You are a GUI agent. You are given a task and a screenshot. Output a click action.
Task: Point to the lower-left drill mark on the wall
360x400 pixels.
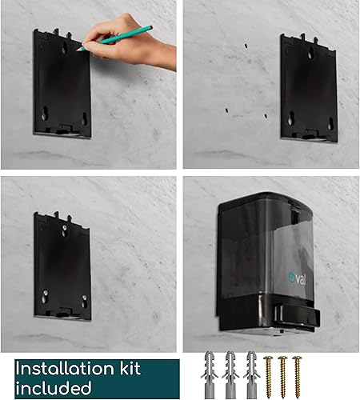226,108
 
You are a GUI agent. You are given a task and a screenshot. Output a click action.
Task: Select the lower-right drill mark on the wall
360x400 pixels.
266,115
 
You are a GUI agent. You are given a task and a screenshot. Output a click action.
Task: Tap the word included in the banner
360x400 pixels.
52,388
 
